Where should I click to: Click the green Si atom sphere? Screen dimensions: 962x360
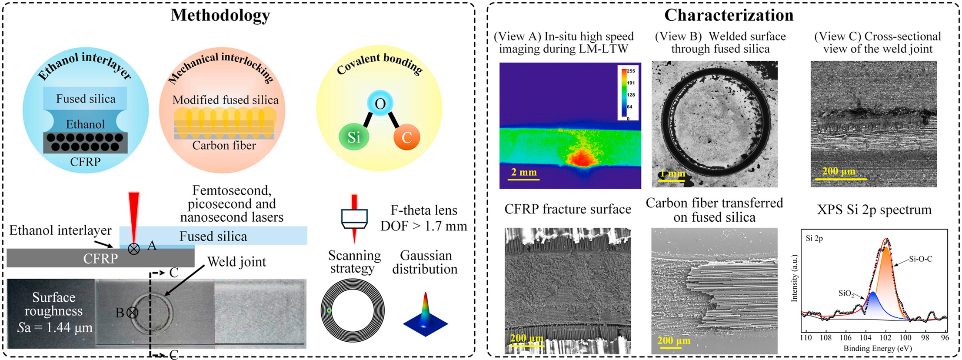click(x=354, y=137)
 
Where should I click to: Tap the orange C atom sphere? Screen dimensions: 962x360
click(x=406, y=137)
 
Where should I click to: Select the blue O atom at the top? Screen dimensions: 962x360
click(x=380, y=103)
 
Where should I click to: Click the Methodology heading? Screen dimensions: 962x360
click(x=220, y=15)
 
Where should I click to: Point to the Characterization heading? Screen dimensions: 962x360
click(x=729, y=15)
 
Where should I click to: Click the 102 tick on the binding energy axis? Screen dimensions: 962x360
click(x=885, y=337)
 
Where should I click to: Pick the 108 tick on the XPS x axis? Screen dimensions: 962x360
click(x=826, y=337)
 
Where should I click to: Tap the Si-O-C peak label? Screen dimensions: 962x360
click(x=920, y=259)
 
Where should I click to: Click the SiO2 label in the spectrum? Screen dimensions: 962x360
click(x=846, y=294)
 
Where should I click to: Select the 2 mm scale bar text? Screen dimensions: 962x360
click(x=524, y=172)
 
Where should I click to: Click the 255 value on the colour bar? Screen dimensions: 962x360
click(x=631, y=71)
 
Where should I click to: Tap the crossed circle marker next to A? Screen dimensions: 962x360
click(x=134, y=249)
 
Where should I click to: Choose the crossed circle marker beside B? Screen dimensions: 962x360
click(x=132, y=312)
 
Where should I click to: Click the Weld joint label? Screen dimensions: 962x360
click(x=236, y=262)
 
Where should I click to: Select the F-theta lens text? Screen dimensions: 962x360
click(x=424, y=210)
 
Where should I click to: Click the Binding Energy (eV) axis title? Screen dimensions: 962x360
click(x=878, y=348)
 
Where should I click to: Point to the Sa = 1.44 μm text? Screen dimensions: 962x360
click(x=55, y=327)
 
